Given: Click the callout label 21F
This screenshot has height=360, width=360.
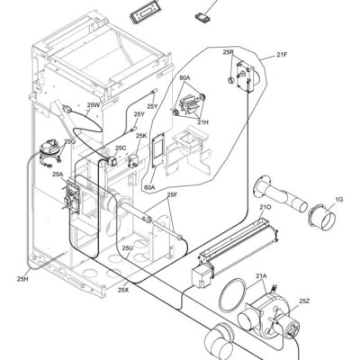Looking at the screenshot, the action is [x=282, y=55].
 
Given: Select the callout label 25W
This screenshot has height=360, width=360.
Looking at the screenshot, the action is [x=93, y=105].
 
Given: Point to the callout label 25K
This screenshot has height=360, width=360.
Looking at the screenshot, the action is [x=141, y=136].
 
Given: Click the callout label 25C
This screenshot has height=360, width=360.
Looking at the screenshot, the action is [x=121, y=148].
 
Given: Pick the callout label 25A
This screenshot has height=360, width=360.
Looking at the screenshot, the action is [x=58, y=174].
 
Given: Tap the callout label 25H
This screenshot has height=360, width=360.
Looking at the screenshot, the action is [x=22, y=279].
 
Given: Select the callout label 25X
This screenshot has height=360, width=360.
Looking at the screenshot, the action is [x=123, y=290].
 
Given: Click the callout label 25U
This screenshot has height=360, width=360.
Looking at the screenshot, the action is [x=128, y=247].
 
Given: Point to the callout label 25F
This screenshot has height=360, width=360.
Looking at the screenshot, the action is [x=173, y=195].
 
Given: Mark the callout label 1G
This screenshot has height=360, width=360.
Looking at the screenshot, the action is [x=339, y=200].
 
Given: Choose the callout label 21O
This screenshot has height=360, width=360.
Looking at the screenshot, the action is [x=265, y=207].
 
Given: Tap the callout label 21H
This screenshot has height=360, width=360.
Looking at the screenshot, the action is [x=202, y=122].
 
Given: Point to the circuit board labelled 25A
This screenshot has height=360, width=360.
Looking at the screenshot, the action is [x=71, y=197].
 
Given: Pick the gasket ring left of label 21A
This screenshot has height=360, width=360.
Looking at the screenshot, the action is [x=235, y=295].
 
